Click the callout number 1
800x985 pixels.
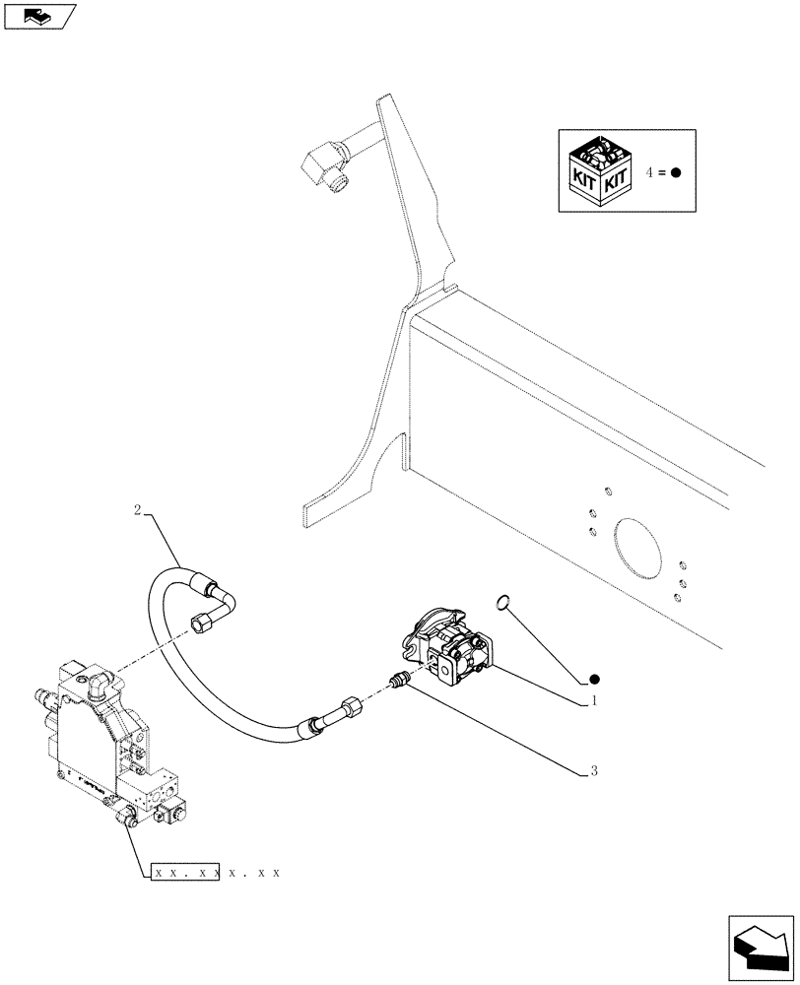(x=593, y=701)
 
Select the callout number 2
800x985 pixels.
(x=138, y=509)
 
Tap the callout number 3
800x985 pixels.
(x=593, y=771)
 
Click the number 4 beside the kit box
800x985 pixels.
(x=650, y=172)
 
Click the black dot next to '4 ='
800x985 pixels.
(x=676, y=172)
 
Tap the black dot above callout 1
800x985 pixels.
(x=594, y=680)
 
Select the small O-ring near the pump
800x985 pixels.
(x=502, y=601)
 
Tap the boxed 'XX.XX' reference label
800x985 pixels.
(x=184, y=873)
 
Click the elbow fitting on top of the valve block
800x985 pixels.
(x=99, y=685)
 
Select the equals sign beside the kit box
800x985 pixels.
(x=663, y=172)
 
